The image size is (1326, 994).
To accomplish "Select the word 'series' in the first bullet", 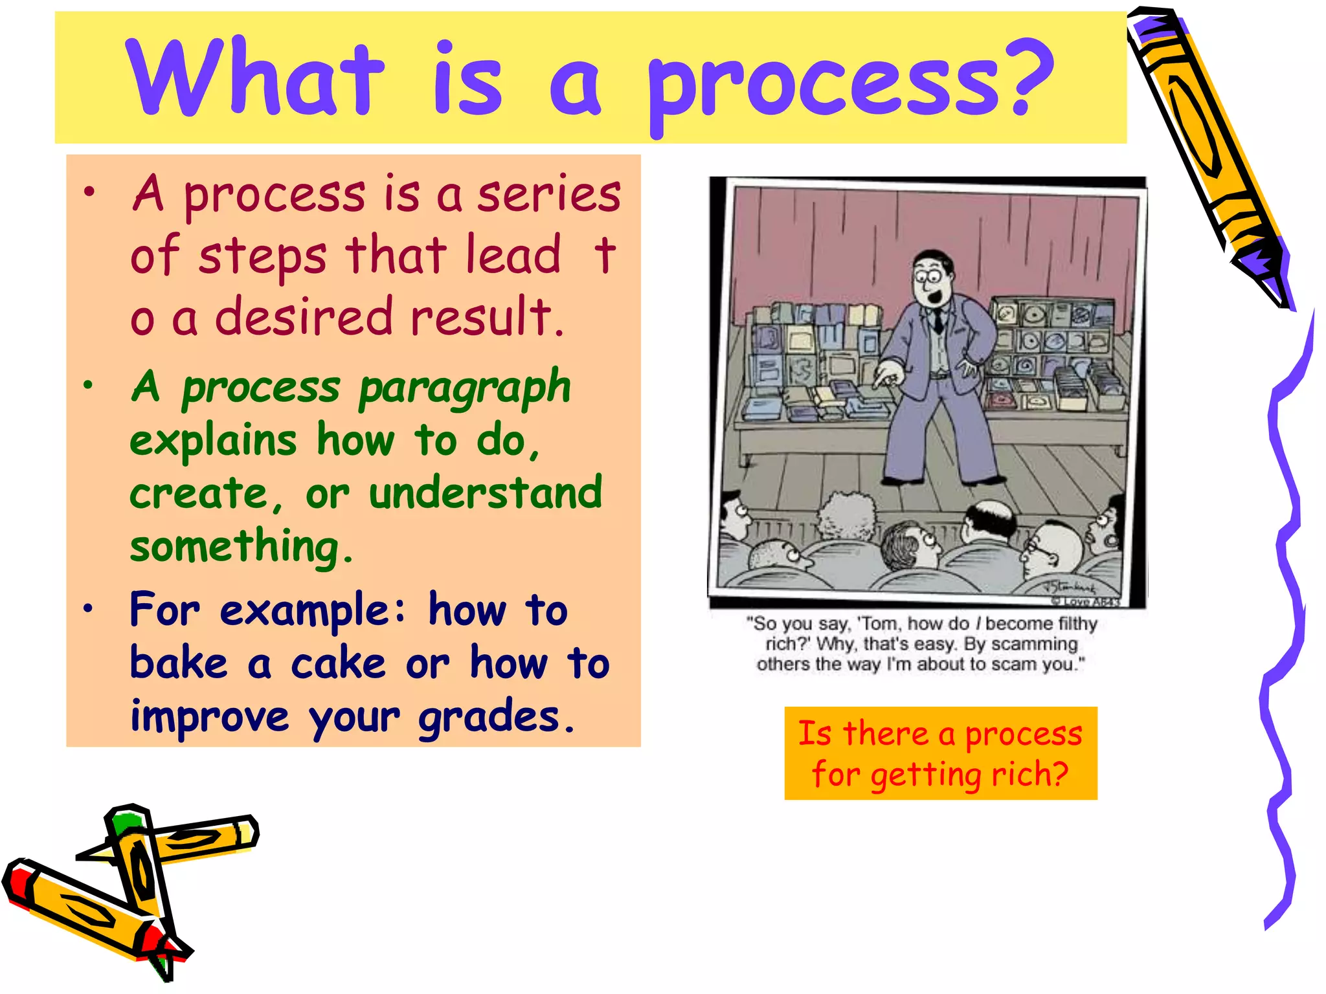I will [x=549, y=194].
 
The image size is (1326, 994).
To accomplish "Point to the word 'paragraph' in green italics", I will [x=464, y=388].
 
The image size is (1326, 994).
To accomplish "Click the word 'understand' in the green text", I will [x=486, y=493].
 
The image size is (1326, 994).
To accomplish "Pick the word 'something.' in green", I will [x=242, y=547].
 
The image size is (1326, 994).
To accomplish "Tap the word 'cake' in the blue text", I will [x=338, y=664].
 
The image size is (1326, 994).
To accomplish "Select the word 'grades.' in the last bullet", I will [x=496, y=717].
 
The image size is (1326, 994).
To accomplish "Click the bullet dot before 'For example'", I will [x=89, y=608].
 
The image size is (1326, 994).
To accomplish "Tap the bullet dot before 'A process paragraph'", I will [x=89, y=386].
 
